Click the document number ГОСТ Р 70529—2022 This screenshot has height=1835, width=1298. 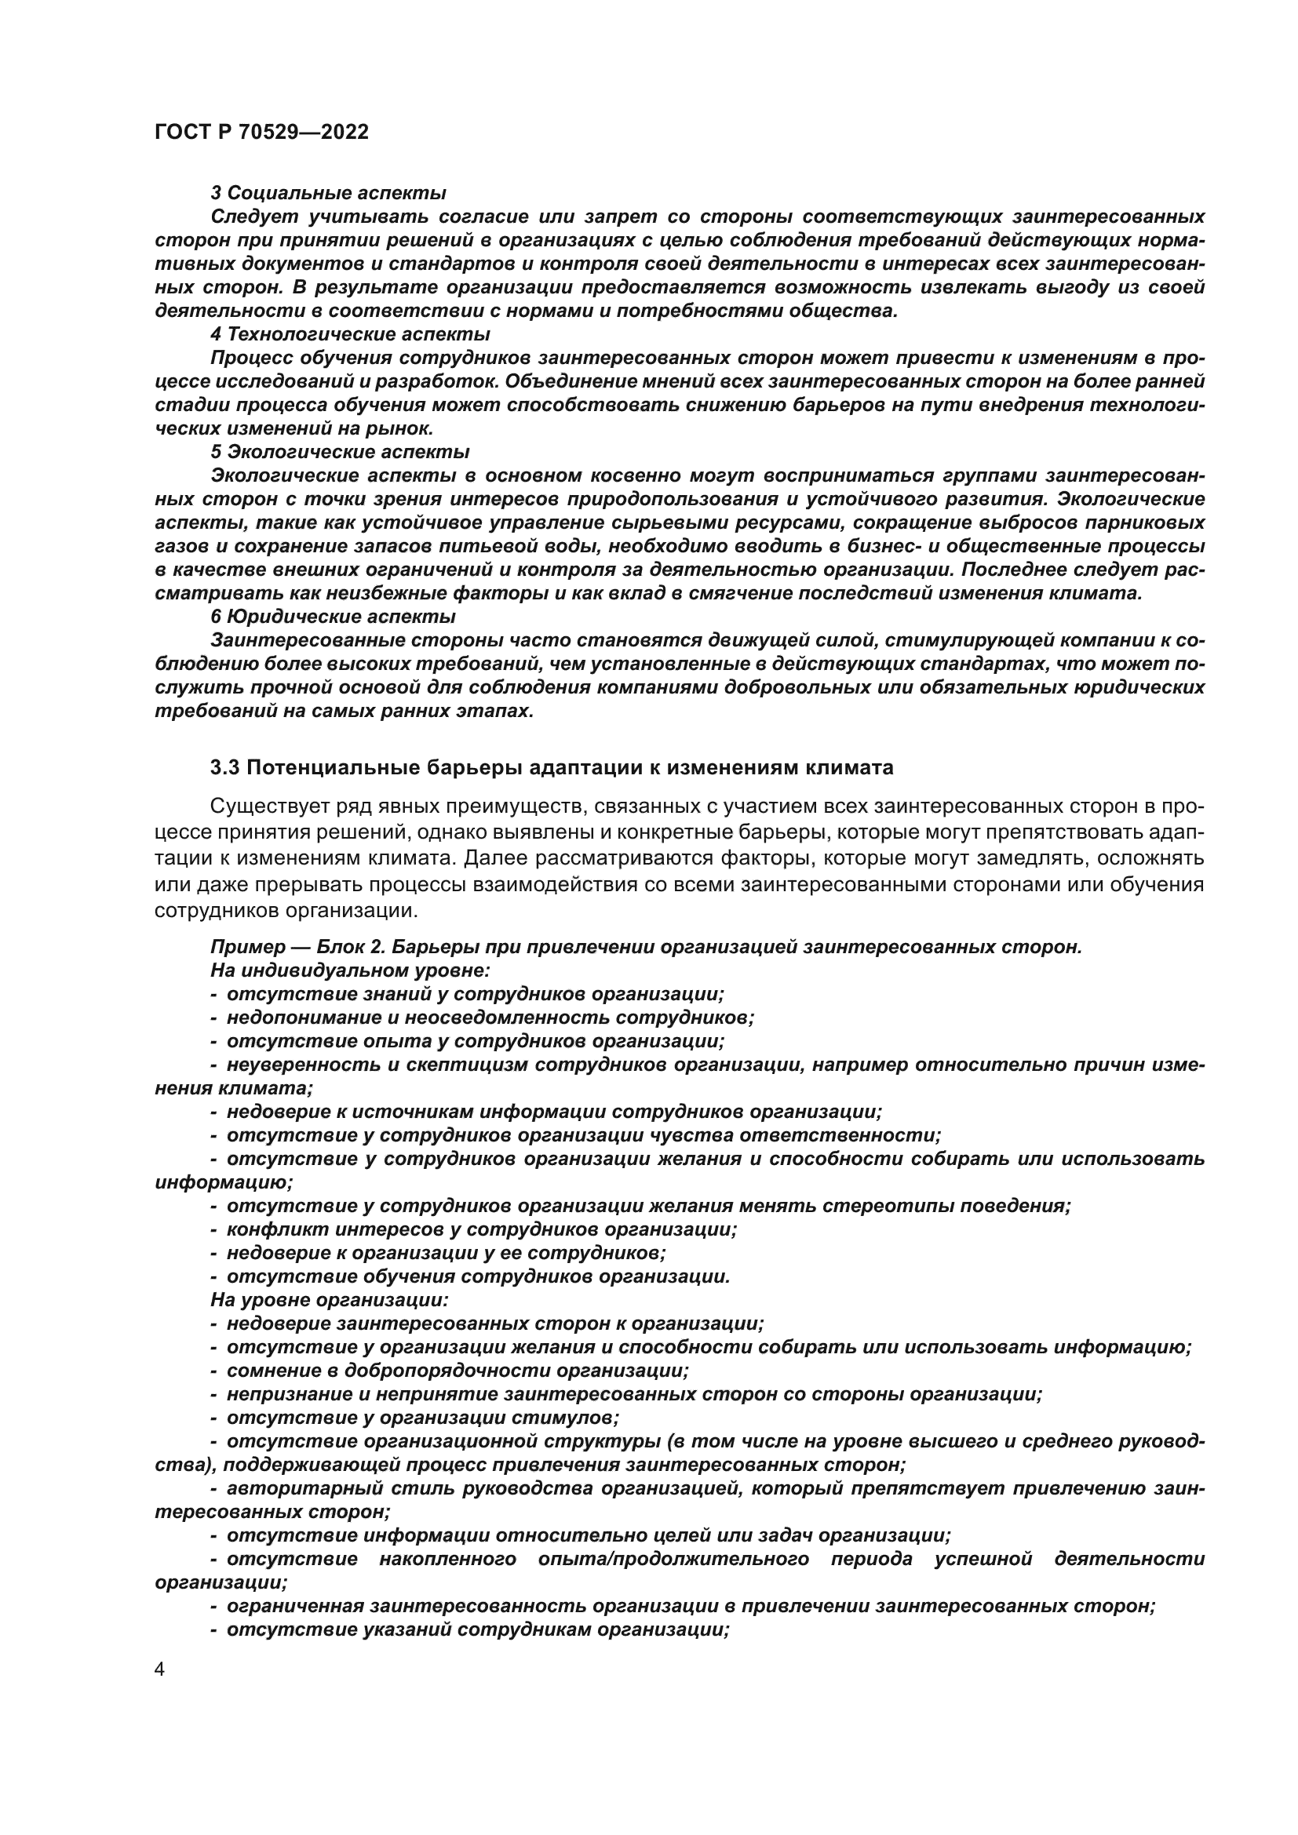tap(261, 133)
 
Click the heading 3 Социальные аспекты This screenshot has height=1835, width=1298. tap(328, 193)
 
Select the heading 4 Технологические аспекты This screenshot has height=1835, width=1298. tap(350, 334)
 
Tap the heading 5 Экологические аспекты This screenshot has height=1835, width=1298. tap(340, 452)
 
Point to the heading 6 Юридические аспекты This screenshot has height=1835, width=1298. tap(333, 617)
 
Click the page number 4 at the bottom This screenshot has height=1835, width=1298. tap(160, 1670)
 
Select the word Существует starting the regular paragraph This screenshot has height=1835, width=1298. tap(259, 806)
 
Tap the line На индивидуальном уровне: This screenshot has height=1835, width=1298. tap(350, 970)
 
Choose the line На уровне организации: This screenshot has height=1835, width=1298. tap(330, 1300)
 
